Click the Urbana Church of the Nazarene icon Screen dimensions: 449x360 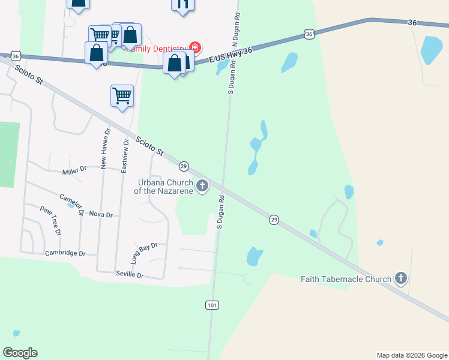pyautogui.click(x=202, y=186)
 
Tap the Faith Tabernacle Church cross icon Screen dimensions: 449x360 pyautogui.click(x=401, y=278)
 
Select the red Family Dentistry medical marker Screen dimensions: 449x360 pyautogui.click(x=194, y=47)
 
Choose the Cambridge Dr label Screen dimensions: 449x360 pyautogui.click(x=65, y=253)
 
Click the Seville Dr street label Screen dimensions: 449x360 pyautogui.click(x=130, y=275)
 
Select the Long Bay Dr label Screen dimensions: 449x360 pyautogui.click(x=144, y=253)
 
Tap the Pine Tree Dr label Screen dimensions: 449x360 pyautogui.click(x=51, y=220)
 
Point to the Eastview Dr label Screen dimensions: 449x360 pyautogui.click(x=125, y=156)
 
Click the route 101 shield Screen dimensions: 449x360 pyautogui.click(x=211, y=305)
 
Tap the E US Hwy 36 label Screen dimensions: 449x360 pyautogui.click(x=231, y=57)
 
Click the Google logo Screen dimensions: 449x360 pyautogui.click(x=20, y=353)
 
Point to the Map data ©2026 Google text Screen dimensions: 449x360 pyautogui.click(x=412, y=355)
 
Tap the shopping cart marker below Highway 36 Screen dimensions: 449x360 pyautogui.click(x=122, y=95)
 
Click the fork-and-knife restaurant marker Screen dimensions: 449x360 pyautogui.click(x=183, y=4)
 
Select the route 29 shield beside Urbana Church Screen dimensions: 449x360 pyautogui.click(x=184, y=166)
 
